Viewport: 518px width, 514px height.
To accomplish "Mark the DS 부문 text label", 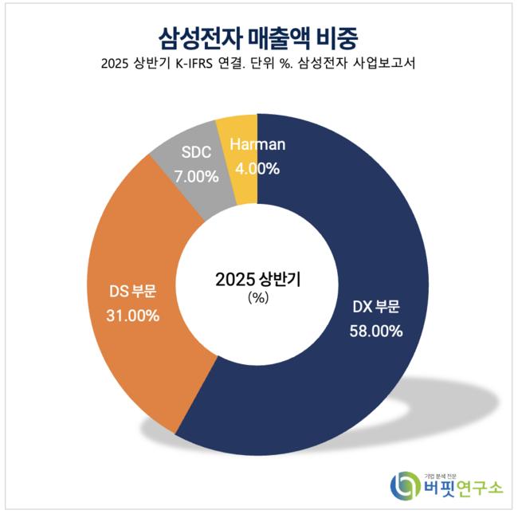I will tap(132, 290).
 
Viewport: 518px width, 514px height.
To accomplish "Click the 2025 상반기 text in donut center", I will tap(257, 279).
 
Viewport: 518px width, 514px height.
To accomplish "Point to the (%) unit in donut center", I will tap(257, 297).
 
